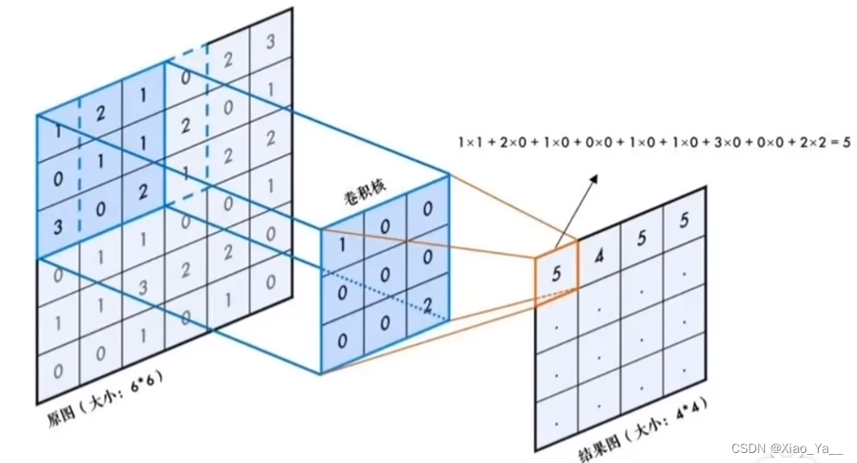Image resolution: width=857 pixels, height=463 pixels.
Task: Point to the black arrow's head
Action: point(599,178)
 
